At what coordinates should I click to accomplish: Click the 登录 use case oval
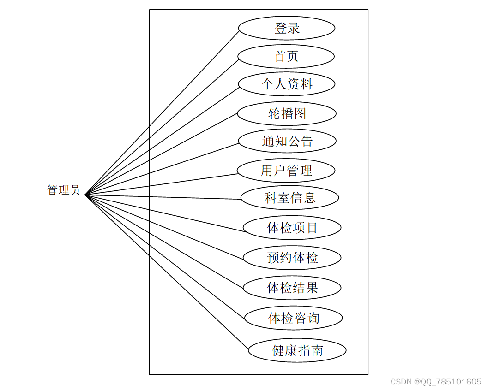click(x=287, y=28)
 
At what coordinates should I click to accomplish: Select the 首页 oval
click(x=286, y=56)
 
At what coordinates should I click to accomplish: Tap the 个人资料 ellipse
click(x=287, y=84)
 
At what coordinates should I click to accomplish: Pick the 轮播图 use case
click(x=287, y=113)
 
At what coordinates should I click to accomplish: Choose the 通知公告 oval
click(x=287, y=141)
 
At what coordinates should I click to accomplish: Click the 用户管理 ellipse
click(x=286, y=171)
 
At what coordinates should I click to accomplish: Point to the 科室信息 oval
click(x=290, y=198)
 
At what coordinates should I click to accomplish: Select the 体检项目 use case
click(x=292, y=227)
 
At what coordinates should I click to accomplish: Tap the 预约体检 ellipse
click(x=292, y=257)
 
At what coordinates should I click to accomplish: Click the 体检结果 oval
click(x=292, y=288)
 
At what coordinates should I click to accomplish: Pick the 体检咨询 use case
click(x=294, y=318)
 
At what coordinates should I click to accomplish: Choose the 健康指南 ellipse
click(x=297, y=350)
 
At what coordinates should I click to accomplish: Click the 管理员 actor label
click(x=64, y=190)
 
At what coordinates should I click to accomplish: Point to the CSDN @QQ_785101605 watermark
click(x=436, y=382)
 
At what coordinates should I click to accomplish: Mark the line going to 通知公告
click(x=162, y=168)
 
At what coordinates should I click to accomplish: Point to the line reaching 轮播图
click(x=162, y=154)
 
